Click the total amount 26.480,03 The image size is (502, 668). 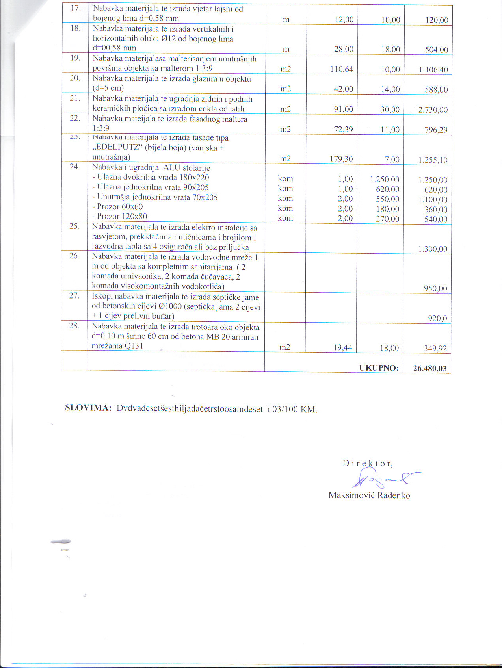point(429,368)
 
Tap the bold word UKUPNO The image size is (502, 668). point(379,368)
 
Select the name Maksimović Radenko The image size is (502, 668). point(369,495)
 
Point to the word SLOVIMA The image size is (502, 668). point(88,408)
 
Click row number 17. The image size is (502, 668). point(75,8)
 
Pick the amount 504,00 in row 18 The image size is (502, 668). point(437,50)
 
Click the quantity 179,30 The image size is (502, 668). point(341,159)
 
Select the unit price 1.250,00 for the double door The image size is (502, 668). point(384,180)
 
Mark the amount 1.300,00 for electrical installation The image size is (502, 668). point(433,249)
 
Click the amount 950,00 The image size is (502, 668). point(435,288)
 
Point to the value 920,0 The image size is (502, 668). point(437,318)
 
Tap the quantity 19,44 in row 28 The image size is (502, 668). point(342,348)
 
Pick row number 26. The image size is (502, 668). point(74,256)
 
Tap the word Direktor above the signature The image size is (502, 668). point(367,463)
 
